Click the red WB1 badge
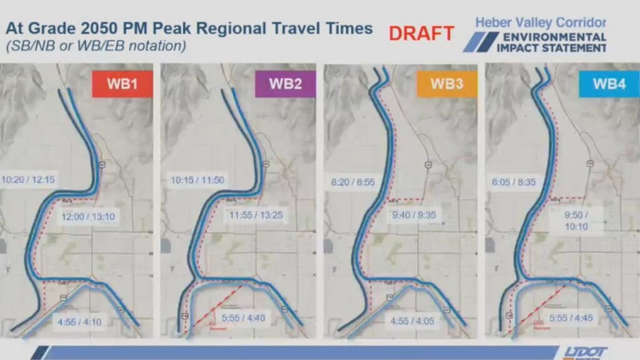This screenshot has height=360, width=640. coord(122,84)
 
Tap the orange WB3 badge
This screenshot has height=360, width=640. coord(447,84)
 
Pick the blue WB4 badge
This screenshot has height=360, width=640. coord(609,84)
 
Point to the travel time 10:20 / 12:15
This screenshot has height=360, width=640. coord(28,179)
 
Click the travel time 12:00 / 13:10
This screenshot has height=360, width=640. coord(89,216)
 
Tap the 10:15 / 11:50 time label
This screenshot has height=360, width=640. coord(197,180)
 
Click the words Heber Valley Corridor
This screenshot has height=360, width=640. coord(541,22)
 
